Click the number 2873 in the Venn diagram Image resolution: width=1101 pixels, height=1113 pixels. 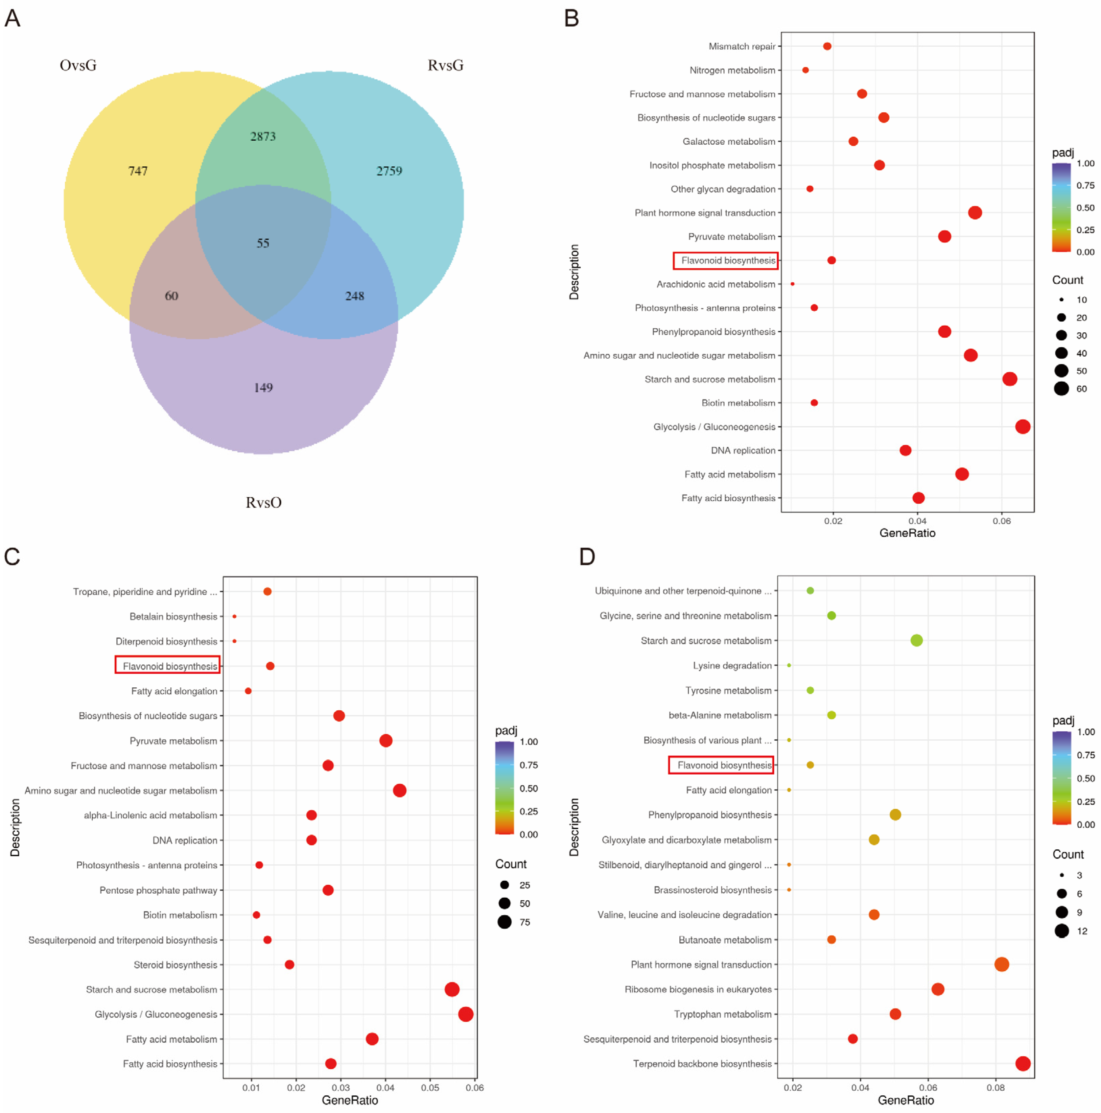[x=263, y=137]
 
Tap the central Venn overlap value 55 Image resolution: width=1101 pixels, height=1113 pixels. [x=263, y=243]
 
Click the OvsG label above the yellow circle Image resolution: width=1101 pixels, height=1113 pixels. [x=78, y=65]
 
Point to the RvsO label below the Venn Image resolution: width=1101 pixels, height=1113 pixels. [x=263, y=502]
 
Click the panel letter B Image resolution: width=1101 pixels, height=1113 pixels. [x=571, y=19]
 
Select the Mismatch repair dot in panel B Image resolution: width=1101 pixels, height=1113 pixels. [x=827, y=46]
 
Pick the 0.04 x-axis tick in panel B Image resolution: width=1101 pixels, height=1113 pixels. [x=917, y=521]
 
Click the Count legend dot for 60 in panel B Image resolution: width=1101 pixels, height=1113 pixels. [x=1061, y=389]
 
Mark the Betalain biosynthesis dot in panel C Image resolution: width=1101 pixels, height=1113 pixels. [x=234, y=616]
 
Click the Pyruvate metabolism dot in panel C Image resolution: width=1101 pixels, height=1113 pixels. [x=385, y=741]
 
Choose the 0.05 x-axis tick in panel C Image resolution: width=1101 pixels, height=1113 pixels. [x=430, y=1088]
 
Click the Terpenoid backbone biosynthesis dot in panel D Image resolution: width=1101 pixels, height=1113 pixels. [x=1023, y=1063]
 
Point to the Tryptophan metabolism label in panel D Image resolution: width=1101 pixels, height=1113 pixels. [x=723, y=1014]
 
